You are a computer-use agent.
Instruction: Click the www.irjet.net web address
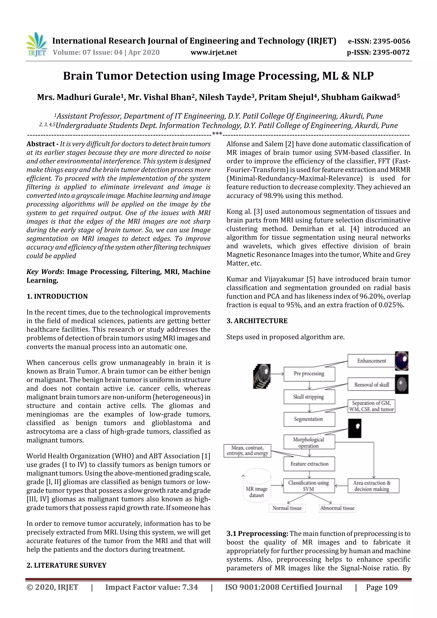tap(214, 52)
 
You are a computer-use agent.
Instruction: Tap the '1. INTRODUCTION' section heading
tap(57, 296)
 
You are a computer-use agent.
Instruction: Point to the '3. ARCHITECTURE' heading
tap(257, 321)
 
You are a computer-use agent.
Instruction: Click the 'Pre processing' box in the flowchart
tap(309, 374)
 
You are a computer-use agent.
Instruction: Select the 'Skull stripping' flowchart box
tap(309, 397)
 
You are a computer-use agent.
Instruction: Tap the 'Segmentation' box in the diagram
tap(309, 419)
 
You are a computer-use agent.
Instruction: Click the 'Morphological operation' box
tap(309, 442)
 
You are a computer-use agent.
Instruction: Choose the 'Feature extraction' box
tap(309, 464)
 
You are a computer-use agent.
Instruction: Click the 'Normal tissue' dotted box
tap(287, 508)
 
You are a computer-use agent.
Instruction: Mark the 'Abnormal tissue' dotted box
tap(337, 508)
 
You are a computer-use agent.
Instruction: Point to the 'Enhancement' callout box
tap(371, 361)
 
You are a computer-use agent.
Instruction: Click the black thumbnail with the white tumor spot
tap(355, 428)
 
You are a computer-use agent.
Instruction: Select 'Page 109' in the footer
tap(382, 587)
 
